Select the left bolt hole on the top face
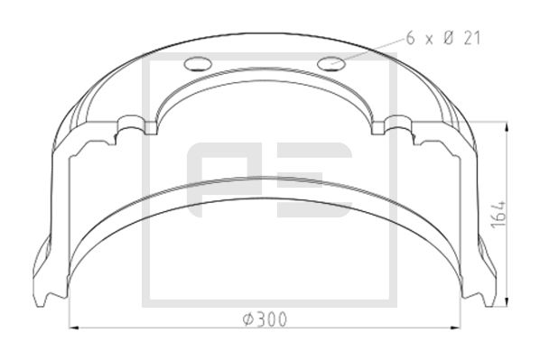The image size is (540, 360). pos(196,64)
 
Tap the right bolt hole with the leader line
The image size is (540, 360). pos(331,63)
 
